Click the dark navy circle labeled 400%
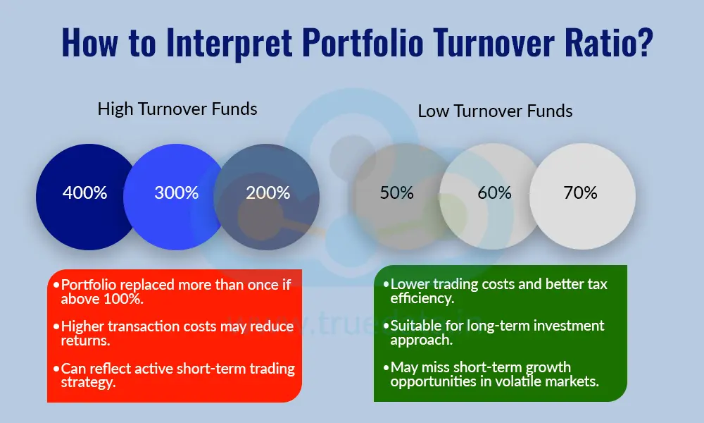(x=84, y=192)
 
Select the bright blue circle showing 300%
(x=176, y=192)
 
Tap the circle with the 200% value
(x=268, y=192)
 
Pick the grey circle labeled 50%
(x=396, y=192)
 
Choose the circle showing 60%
(x=494, y=192)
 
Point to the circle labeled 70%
(x=581, y=192)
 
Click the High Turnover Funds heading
(x=177, y=109)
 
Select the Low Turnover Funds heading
(x=495, y=111)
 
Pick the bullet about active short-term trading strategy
(x=176, y=375)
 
